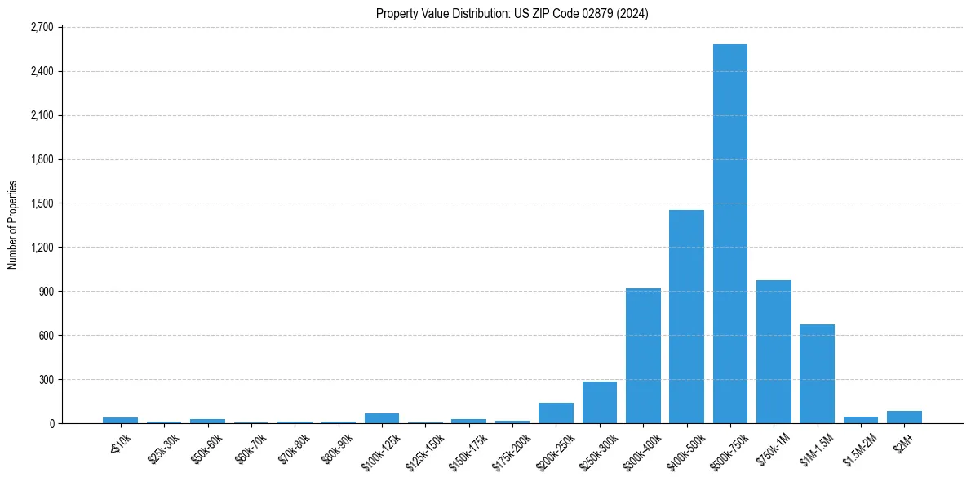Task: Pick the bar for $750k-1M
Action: [x=774, y=352]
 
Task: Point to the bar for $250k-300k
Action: [x=600, y=403]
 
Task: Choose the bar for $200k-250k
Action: [x=556, y=413]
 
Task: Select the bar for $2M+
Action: [x=904, y=417]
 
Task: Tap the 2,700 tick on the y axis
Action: [x=42, y=27]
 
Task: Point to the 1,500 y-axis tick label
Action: [x=42, y=203]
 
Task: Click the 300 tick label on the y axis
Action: [x=46, y=380]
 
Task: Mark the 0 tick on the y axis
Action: [x=51, y=423]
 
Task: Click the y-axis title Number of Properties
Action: [x=12, y=225]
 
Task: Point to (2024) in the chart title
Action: [x=633, y=14]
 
